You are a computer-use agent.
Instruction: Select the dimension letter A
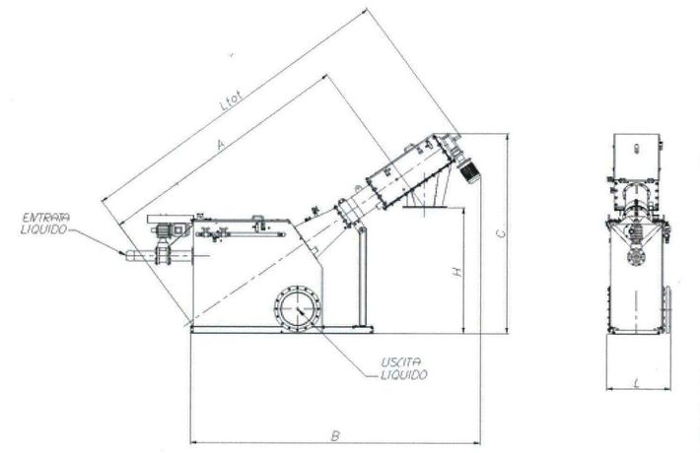pos(220,144)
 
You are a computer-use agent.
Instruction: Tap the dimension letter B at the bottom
pos(335,434)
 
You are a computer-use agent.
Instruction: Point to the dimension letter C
pos(502,232)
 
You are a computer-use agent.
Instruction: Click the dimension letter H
pos(457,271)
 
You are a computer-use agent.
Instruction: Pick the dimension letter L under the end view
pos(637,382)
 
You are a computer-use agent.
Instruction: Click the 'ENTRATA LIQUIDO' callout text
pos(45,224)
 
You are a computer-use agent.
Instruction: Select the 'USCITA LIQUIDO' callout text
pos(404,368)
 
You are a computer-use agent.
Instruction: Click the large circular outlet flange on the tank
pos(298,308)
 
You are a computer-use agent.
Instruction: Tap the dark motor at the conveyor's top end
pos(469,170)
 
